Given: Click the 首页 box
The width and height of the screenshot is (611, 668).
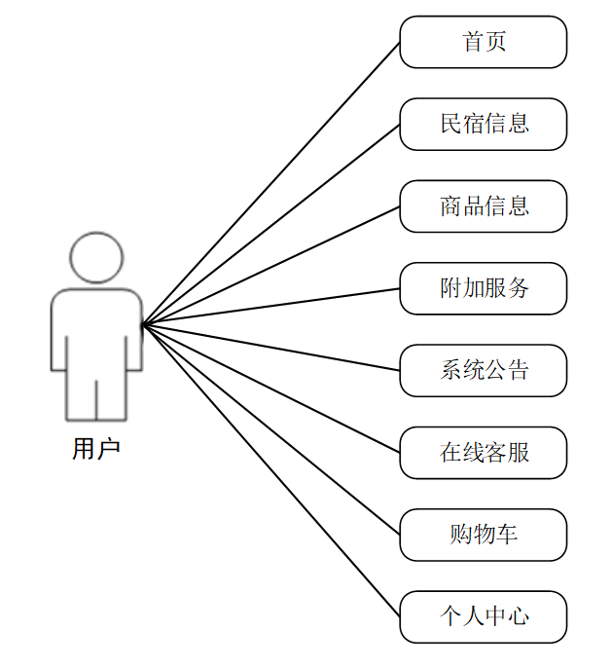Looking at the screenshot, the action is [x=483, y=42].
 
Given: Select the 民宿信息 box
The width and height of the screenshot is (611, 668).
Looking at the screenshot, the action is [x=483, y=124].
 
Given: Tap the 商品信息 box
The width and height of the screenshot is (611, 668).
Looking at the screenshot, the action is [x=483, y=206].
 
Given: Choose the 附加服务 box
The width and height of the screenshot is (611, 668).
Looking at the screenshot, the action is [x=483, y=288].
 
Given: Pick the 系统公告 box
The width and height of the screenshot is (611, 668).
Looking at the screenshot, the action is [x=483, y=370].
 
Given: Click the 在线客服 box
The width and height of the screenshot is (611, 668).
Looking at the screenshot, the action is [x=483, y=453].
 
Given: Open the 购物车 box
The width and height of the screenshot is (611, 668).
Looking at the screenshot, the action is [x=483, y=535].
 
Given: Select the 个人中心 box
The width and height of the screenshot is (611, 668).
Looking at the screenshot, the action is [x=483, y=616].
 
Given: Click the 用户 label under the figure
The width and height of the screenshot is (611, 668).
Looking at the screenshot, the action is [x=96, y=449].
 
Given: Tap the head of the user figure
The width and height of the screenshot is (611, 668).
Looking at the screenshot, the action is [x=96, y=257].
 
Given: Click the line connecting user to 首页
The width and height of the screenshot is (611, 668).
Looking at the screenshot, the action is [x=271, y=183].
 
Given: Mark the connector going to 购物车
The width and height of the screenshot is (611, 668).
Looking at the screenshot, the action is [x=271, y=429].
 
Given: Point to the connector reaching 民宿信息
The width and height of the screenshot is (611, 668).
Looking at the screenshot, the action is [x=271, y=224].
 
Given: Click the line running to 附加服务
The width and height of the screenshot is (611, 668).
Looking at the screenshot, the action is [x=271, y=306].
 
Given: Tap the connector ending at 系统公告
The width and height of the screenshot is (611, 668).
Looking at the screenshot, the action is [x=271, y=348].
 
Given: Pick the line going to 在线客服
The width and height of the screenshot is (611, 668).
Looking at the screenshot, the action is [x=271, y=389].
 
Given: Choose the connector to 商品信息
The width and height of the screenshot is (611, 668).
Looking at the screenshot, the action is [x=271, y=265].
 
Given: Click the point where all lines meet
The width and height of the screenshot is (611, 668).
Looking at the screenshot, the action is [x=143, y=324].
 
